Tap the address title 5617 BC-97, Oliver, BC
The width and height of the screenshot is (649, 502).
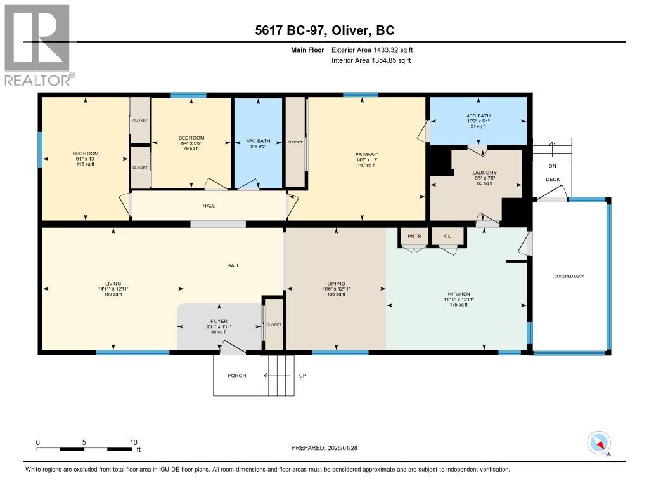324,30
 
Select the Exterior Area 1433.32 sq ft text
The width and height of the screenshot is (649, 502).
372,50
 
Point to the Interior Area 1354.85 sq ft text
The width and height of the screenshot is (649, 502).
371,60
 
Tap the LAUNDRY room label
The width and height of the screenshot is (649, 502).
484,173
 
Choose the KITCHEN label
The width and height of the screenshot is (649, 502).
459,294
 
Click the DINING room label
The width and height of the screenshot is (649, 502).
336,284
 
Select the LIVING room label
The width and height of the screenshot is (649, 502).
113,284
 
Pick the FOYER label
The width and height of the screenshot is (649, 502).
219,321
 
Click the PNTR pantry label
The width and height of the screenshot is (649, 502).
414,236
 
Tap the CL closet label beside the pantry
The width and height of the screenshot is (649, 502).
447,236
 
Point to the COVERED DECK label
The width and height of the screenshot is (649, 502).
569,276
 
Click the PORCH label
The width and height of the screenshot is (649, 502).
236,376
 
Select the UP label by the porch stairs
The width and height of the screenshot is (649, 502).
302,376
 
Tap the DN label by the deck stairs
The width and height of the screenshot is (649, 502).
553,167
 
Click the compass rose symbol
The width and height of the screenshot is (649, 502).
598,442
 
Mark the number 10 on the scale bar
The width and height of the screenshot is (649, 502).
134,442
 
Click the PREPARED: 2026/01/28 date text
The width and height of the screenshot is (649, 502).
328,448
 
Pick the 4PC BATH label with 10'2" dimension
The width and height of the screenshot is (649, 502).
479,116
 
